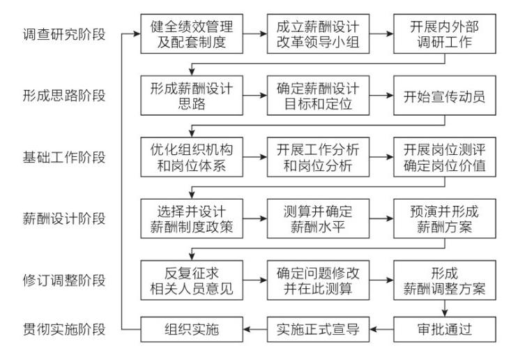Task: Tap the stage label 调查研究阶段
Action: coord(64,33)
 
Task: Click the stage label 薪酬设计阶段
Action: coord(64,218)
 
